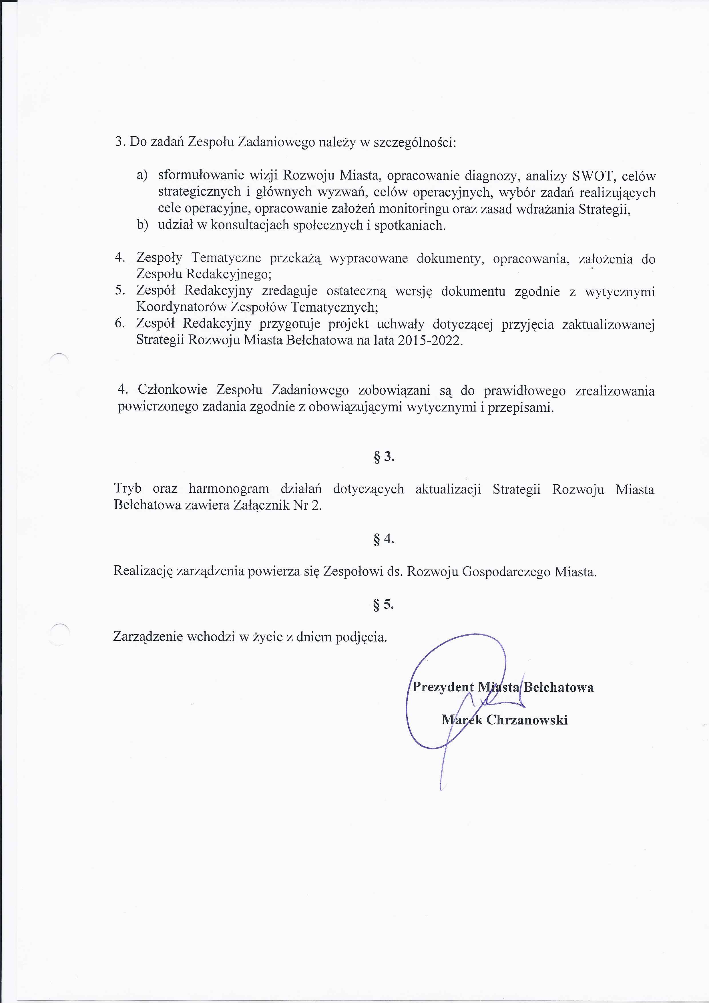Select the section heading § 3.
(x=384, y=457)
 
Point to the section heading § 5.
(x=384, y=605)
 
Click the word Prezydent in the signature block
(x=443, y=687)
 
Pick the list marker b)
(x=142, y=225)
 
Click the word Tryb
(x=128, y=488)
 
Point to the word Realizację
(x=143, y=571)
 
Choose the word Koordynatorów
(x=182, y=307)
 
